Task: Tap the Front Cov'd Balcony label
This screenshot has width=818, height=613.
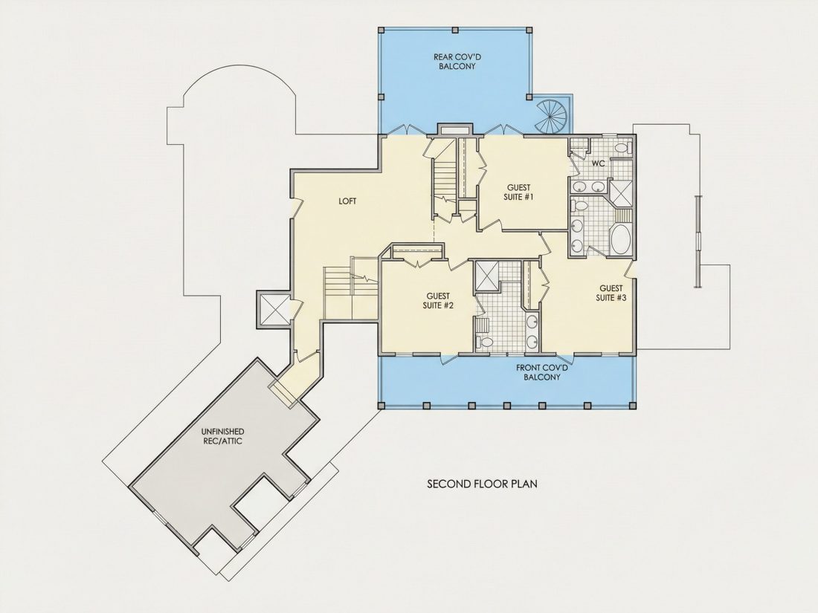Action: pos(541,372)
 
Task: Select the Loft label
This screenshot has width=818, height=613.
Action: pos(347,201)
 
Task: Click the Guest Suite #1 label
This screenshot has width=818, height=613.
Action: pos(518,192)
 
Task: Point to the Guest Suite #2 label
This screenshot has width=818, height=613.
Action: pos(438,301)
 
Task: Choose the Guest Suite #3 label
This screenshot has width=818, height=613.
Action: pos(611,293)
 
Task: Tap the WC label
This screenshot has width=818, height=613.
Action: pos(598,163)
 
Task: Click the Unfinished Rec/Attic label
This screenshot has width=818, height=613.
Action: pos(222,436)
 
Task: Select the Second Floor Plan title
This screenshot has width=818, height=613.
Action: pos(482,484)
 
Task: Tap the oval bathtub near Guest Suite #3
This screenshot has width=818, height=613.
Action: pos(620,239)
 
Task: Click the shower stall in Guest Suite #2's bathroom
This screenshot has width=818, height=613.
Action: pos(486,276)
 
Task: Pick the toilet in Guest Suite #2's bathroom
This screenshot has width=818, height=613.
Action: pos(485,343)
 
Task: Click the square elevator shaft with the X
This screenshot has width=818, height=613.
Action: pos(274,310)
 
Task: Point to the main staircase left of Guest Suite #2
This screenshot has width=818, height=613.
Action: pos(350,292)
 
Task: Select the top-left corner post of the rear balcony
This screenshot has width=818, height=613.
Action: pos(381,30)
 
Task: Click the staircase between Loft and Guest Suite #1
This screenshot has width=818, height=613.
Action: pos(445,180)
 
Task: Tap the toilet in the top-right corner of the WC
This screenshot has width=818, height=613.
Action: pos(621,148)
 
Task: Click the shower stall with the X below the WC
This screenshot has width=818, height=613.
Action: pos(621,192)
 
